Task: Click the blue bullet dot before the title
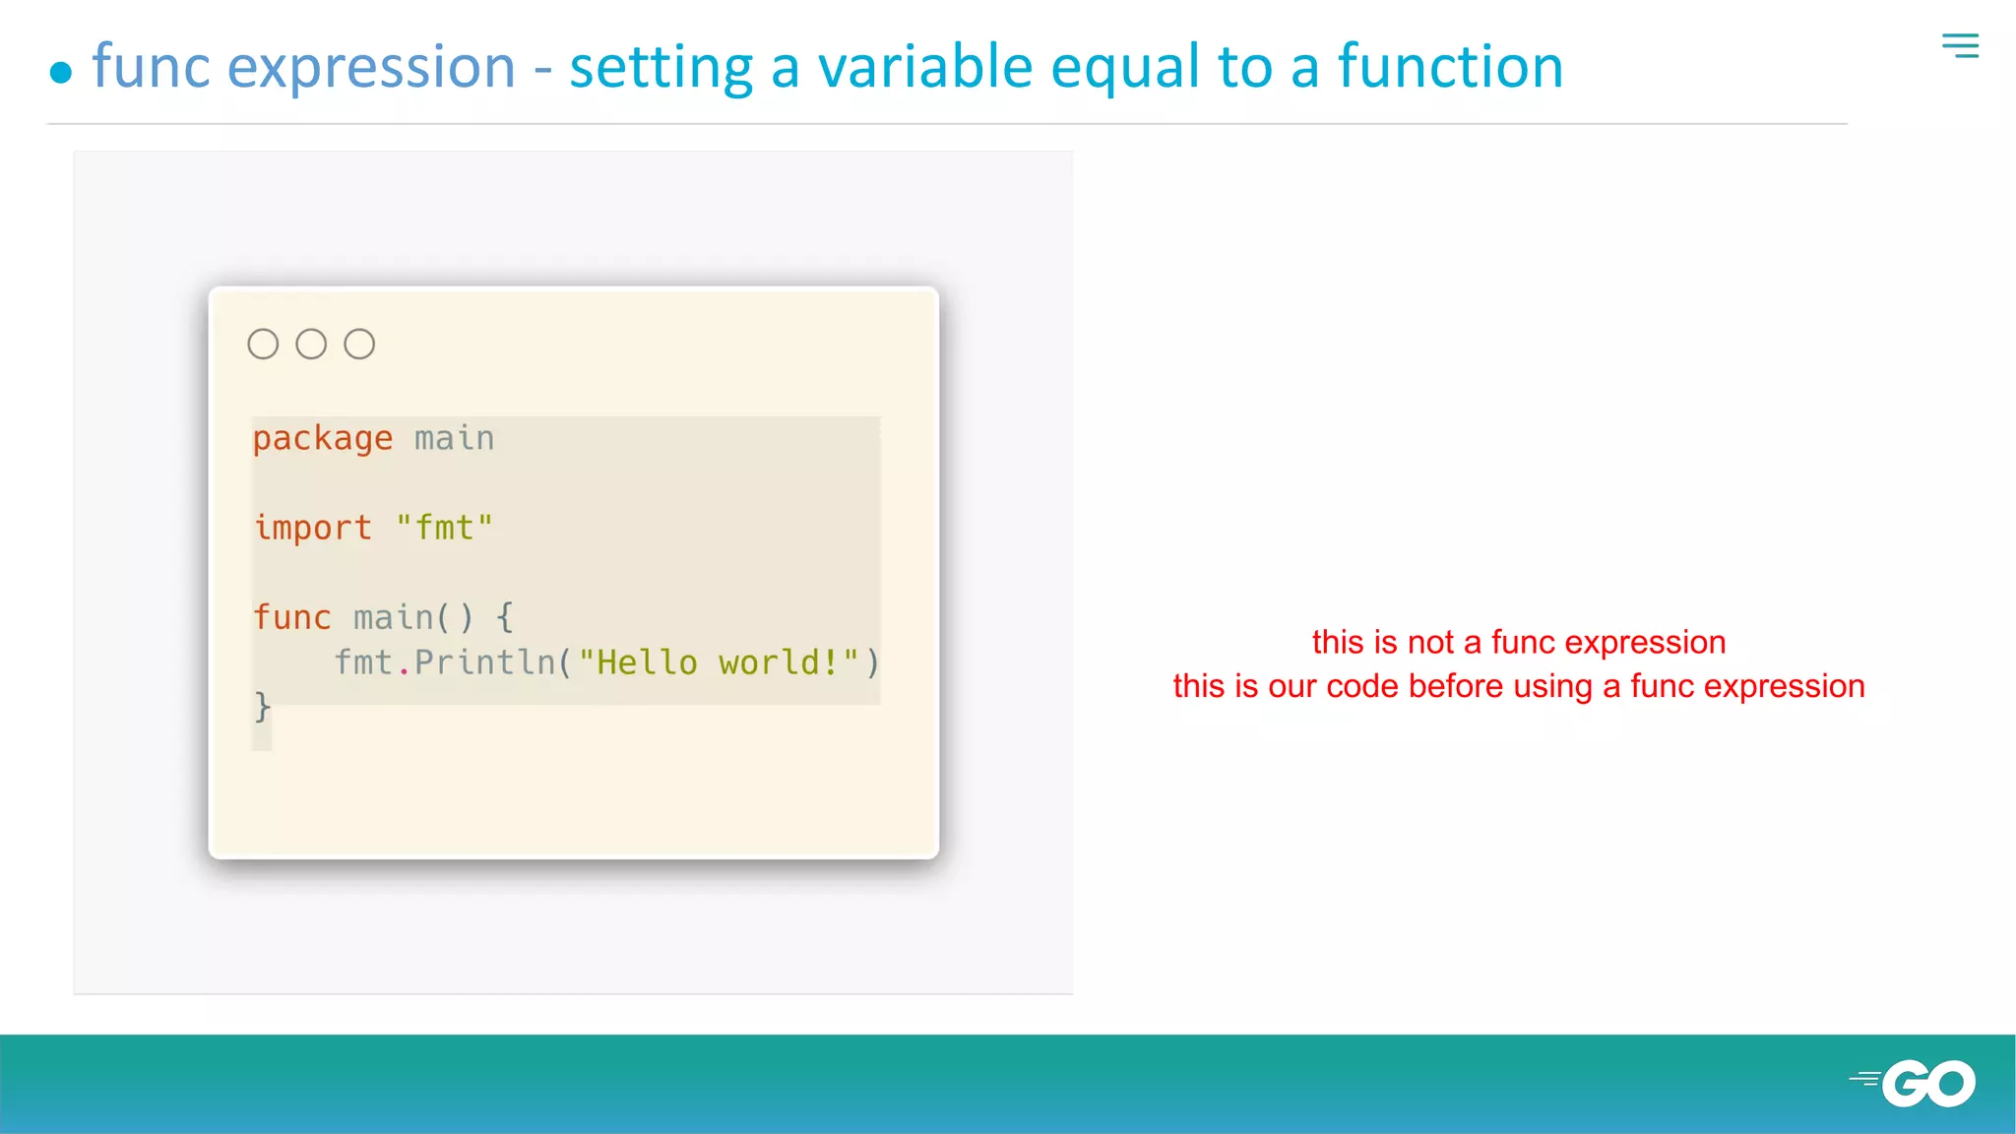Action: tap(61, 72)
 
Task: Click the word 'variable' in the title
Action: tap(925, 67)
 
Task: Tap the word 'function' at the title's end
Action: tap(1450, 67)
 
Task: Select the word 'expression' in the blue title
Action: tap(371, 69)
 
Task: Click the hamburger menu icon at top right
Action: tap(1960, 45)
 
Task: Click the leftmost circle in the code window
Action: tap(263, 345)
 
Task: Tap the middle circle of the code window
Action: tap(311, 345)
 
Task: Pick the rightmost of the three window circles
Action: tap(359, 345)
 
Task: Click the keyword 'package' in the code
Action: tap(323, 439)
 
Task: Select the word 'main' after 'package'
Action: tap(454, 438)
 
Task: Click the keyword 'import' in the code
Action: tap(313, 529)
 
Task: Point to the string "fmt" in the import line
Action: tap(444, 528)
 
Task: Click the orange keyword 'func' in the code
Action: tap(292, 617)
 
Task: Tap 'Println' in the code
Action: tap(484, 662)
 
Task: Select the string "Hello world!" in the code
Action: tap(719, 662)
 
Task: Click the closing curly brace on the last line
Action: tap(262, 707)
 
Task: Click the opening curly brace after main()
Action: tap(505, 617)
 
